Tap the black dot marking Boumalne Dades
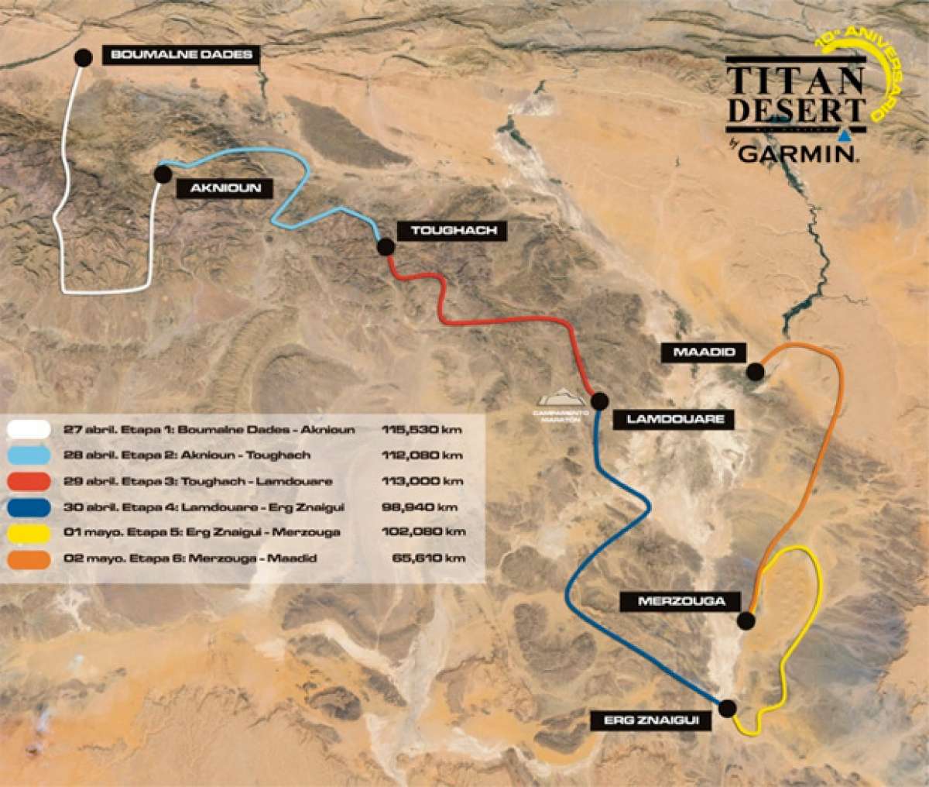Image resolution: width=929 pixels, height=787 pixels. (x=84, y=57)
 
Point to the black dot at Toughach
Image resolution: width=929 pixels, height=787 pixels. (x=386, y=247)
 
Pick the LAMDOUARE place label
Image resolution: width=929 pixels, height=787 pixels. (x=674, y=419)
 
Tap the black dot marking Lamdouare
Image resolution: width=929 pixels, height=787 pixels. (x=600, y=401)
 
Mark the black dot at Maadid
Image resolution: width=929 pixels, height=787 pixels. (x=755, y=373)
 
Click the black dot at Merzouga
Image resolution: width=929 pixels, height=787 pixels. (x=746, y=620)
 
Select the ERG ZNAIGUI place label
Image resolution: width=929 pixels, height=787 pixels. (x=656, y=720)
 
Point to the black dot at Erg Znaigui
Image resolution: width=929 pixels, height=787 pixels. (x=727, y=707)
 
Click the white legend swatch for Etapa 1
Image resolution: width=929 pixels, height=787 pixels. (x=28, y=429)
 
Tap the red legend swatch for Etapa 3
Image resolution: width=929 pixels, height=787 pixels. (x=28, y=481)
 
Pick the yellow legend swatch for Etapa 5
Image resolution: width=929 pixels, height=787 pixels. (x=28, y=532)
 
